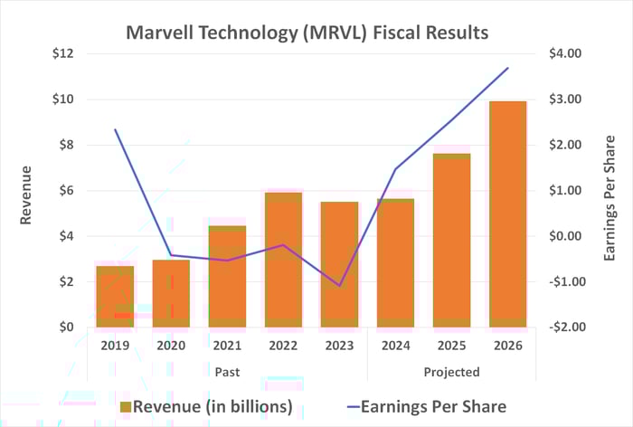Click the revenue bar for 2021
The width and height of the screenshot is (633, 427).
(227, 276)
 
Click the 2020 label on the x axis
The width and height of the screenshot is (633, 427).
(171, 345)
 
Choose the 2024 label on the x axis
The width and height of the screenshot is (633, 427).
(395, 345)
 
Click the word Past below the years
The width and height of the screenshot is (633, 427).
(227, 371)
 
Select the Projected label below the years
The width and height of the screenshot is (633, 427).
(451, 371)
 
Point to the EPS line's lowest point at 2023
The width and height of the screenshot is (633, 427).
(339, 286)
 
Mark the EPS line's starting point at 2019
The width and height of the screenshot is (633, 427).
(115, 129)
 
